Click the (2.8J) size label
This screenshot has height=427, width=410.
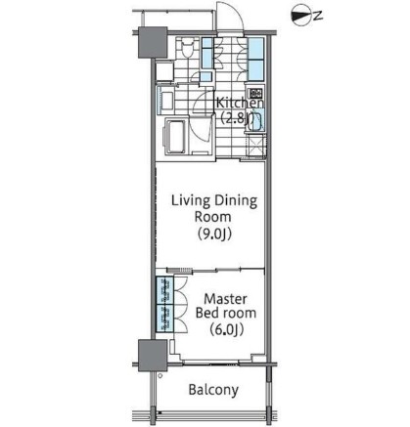pyautogui.click(x=239, y=118)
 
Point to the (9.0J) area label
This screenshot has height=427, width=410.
pyautogui.click(x=213, y=235)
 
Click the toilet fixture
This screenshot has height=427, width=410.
pyautogui.click(x=185, y=49)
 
